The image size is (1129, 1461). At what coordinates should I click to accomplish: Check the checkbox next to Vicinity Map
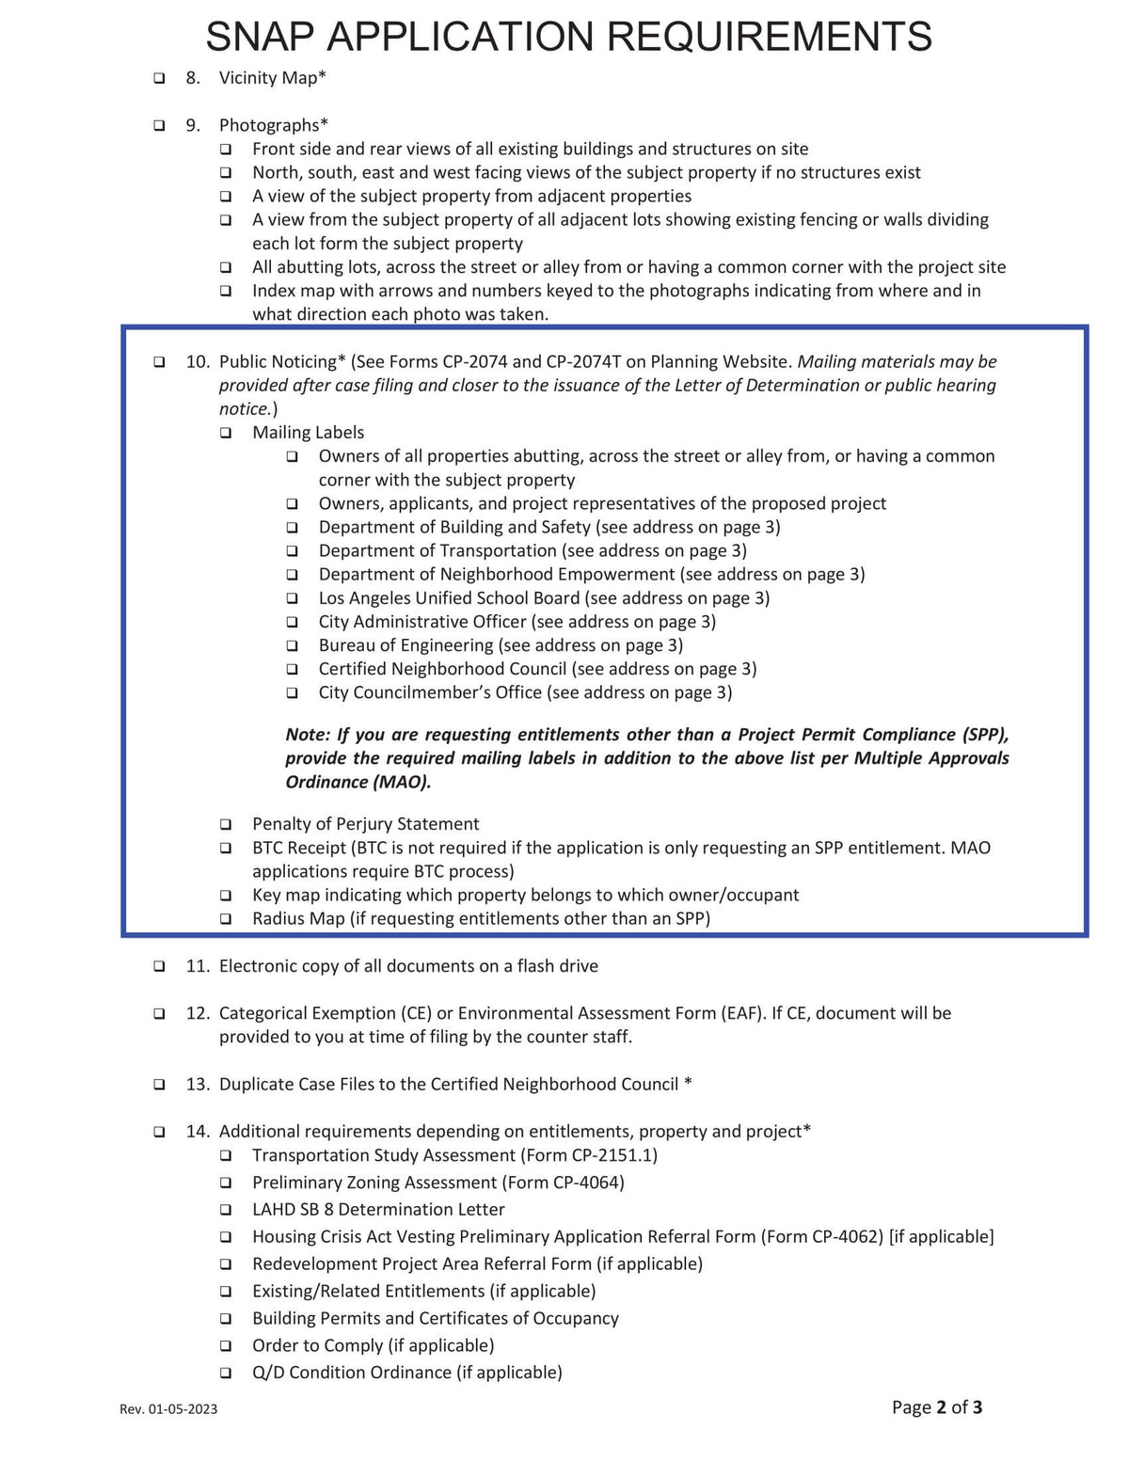click(159, 78)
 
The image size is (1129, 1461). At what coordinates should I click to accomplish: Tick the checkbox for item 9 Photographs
click(159, 125)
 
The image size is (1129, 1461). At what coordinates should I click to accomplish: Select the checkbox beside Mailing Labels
click(226, 434)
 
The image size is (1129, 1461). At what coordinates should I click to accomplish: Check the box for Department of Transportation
click(293, 551)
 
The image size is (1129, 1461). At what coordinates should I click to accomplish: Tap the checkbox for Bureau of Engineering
click(293, 646)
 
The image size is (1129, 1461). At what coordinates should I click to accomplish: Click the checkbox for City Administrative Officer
click(293, 623)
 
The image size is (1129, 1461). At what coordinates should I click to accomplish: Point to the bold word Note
click(307, 735)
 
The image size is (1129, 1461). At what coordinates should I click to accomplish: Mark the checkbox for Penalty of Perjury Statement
click(226, 825)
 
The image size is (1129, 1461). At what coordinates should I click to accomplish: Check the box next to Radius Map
click(226, 919)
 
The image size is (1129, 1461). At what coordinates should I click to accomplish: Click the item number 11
click(197, 966)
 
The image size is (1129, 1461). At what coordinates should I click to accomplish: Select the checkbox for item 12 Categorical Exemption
click(159, 1014)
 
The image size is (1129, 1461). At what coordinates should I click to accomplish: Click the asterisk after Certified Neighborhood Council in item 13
click(689, 1084)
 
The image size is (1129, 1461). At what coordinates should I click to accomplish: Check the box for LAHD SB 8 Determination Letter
click(226, 1210)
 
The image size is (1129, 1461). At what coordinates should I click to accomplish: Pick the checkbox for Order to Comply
click(226, 1346)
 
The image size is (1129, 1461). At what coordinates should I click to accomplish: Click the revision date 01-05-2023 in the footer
click(183, 1409)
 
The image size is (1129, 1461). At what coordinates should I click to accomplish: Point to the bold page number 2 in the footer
click(941, 1407)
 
